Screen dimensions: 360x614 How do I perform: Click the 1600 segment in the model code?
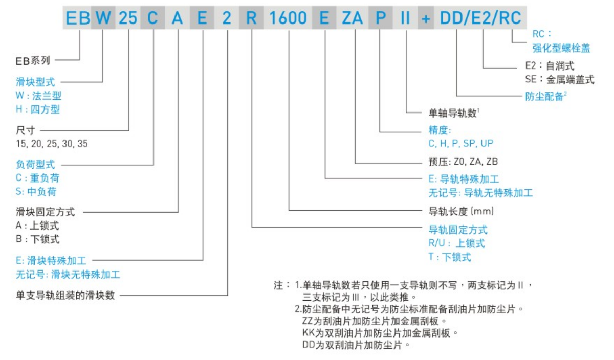click(288, 19)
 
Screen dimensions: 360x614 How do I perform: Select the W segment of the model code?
click(103, 19)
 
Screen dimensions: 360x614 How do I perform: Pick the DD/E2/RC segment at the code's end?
click(479, 19)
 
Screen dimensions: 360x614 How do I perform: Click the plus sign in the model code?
click(426, 19)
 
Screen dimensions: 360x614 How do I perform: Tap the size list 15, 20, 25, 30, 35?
click(52, 144)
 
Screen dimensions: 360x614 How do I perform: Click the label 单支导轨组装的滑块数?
click(65, 296)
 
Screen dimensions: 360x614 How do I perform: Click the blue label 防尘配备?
click(543, 96)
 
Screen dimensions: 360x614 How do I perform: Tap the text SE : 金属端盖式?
click(560, 80)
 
